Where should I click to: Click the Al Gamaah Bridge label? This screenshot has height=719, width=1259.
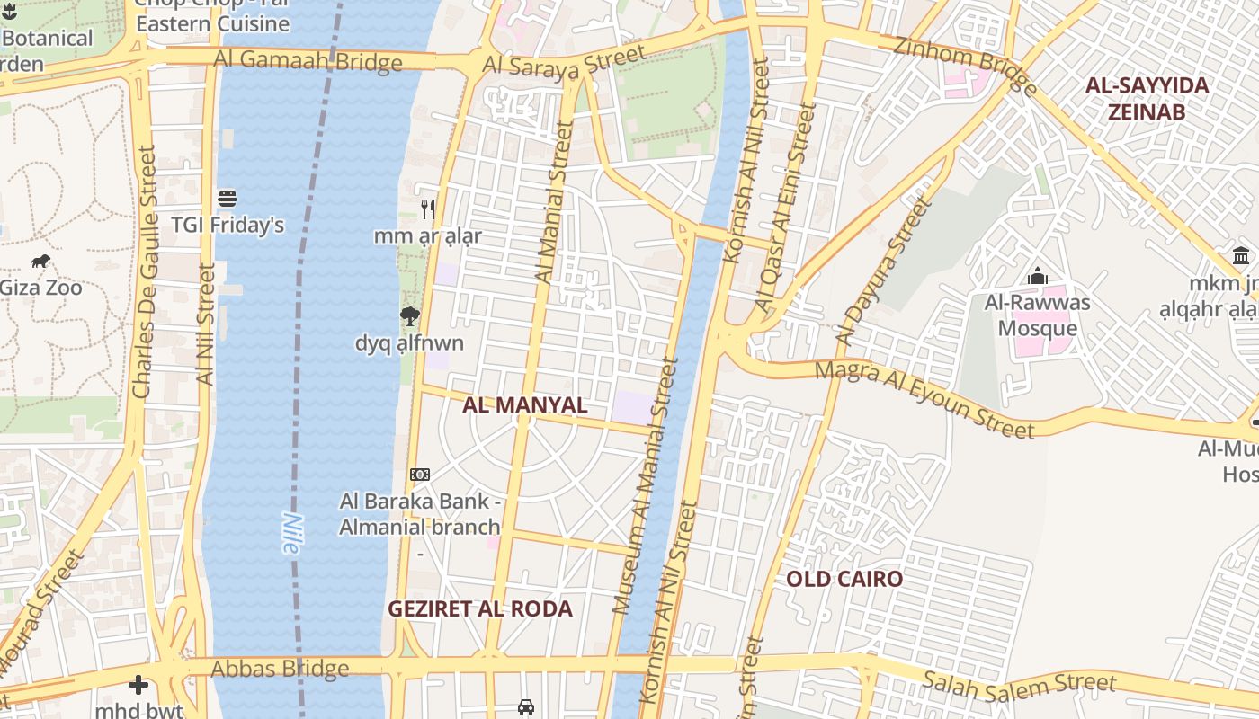coord(308,60)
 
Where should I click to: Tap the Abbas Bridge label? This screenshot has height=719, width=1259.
coord(280,669)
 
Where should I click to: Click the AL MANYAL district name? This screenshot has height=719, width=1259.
coord(524,405)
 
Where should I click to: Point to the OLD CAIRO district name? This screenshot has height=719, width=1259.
coord(844,579)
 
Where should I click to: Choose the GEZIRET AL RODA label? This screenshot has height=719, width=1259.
coord(479,609)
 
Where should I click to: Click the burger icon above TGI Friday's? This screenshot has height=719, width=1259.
coord(228,198)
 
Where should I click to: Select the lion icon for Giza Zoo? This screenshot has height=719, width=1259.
coord(40,262)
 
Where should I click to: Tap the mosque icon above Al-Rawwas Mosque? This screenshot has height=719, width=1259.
coord(1038,276)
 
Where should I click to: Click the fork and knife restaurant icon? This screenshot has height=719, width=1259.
coord(428,209)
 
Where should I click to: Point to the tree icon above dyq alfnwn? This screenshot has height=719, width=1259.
coord(410,315)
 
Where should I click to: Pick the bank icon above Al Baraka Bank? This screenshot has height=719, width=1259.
coord(420,474)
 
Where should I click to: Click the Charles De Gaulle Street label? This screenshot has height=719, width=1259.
coord(144,272)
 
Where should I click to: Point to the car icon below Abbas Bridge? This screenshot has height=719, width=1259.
coord(526,706)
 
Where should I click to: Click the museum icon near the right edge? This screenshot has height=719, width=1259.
coord(1242,255)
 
